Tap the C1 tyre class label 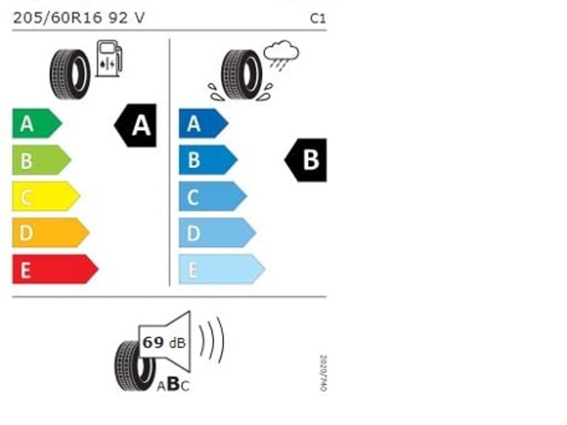[318, 18]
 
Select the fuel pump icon [109, 58]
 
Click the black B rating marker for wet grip [307, 160]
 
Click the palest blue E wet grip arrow [220, 269]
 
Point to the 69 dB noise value [163, 343]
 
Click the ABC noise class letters [173, 385]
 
